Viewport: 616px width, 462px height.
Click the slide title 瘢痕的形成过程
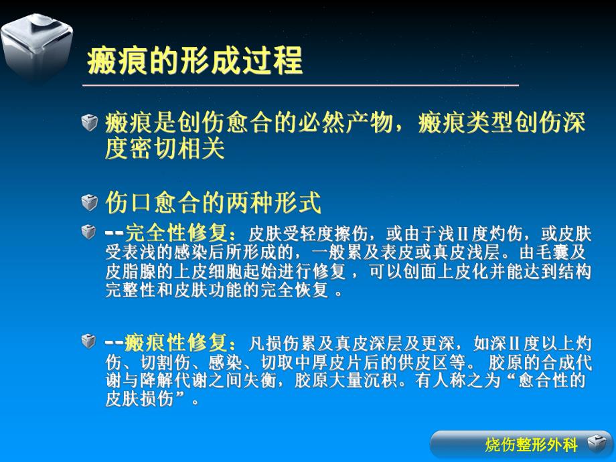(195, 61)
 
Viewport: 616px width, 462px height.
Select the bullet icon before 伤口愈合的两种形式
(89, 202)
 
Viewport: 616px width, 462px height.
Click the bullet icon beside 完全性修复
(89, 232)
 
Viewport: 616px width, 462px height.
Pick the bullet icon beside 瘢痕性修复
(89, 342)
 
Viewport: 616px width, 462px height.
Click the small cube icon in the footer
(595, 444)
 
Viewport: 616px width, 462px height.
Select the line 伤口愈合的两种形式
(214, 202)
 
